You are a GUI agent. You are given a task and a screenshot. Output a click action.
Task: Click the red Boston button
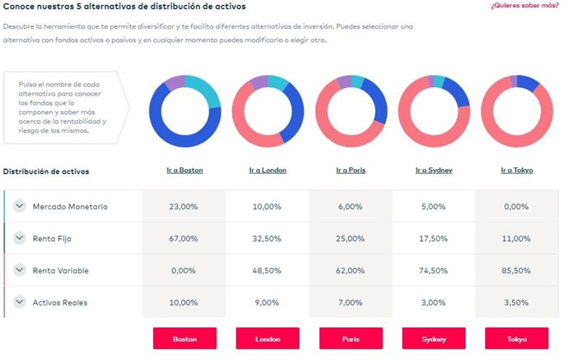pyautogui.click(x=184, y=339)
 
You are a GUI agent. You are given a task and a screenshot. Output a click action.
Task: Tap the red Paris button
pyautogui.click(x=351, y=339)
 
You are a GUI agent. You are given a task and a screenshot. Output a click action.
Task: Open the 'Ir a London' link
pyautogui.click(x=268, y=171)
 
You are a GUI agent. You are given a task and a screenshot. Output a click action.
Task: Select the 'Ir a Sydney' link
pyautogui.click(x=434, y=171)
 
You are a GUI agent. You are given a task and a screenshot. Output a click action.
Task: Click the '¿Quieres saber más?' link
pyautogui.click(x=524, y=7)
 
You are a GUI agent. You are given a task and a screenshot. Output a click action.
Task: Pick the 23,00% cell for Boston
pyautogui.click(x=184, y=207)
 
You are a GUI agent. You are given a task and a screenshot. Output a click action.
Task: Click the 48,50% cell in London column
pyautogui.click(x=268, y=270)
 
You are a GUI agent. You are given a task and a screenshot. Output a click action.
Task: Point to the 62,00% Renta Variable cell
pyautogui.click(x=351, y=270)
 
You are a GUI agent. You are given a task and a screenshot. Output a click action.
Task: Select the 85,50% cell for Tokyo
pyautogui.click(x=517, y=270)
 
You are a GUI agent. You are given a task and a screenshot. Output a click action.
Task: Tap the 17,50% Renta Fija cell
pyautogui.click(x=434, y=238)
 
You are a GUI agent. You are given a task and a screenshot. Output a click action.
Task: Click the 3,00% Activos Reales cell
pyautogui.click(x=434, y=302)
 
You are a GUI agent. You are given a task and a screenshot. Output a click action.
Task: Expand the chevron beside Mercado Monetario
pyautogui.click(x=19, y=207)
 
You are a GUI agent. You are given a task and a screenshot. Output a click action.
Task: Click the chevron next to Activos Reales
pyautogui.click(x=19, y=302)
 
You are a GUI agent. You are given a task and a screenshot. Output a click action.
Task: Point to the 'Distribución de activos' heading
pyautogui.click(x=46, y=171)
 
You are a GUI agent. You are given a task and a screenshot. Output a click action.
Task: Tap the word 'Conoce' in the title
pyautogui.click(x=20, y=7)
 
